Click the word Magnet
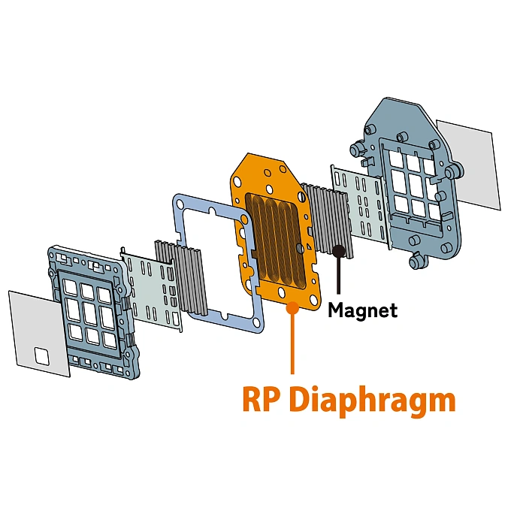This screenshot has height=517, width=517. [x=362, y=309]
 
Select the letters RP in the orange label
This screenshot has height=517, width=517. [x=262, y=399]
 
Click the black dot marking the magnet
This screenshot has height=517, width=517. [x=339, y=250]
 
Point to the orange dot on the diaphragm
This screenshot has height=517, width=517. [x=292, y=306]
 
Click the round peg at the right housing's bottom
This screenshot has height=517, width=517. [x=416, y=262]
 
